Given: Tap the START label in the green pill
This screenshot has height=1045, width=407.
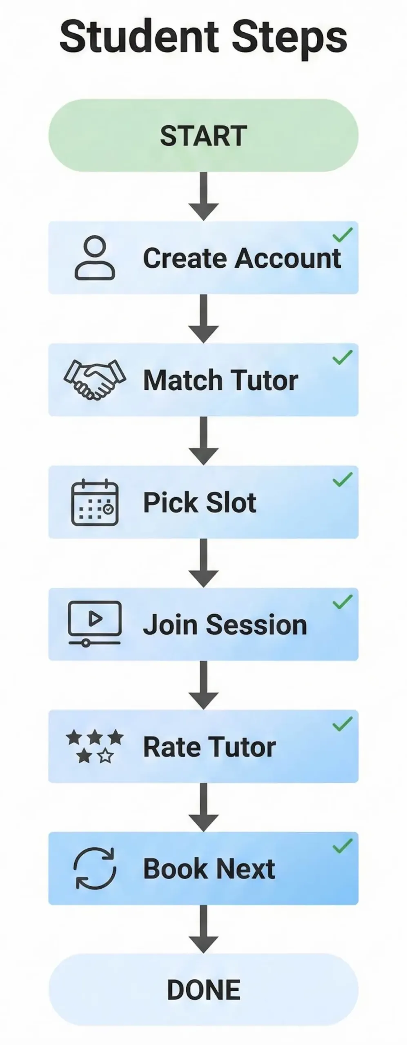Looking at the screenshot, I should click(203, 136).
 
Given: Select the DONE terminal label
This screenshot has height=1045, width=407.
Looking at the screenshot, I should click(203, 989).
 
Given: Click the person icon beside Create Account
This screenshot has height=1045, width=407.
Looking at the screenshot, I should click(95, 258).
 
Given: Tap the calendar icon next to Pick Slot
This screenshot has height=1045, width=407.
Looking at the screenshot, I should click(95, 502).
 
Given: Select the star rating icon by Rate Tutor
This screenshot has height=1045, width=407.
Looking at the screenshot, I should click(95, 746).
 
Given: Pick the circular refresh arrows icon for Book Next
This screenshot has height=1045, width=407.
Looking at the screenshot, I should click(95, 868).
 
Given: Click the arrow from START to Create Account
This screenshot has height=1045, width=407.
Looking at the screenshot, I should click(204, 196).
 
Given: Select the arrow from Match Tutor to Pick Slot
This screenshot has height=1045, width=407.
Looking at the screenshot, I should click(204, 440).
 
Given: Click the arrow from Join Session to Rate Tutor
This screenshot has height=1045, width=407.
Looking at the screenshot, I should click(204, 685).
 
